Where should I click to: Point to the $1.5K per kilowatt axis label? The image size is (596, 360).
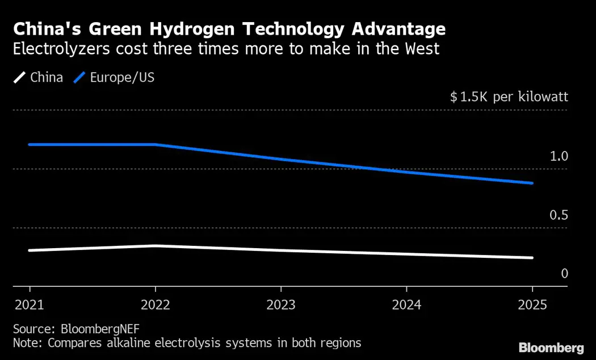pyautogui.click(x=509, y=97)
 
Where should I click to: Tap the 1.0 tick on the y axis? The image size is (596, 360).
pyautogui.click(x=559, y=156)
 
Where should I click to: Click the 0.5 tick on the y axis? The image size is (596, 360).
pyautogui.click(x=559, y=215)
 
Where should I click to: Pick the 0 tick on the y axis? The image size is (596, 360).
pyautogui.click(x=564, y=274)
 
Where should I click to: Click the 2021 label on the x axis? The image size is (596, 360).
pyautogui.click(x=30, y=305)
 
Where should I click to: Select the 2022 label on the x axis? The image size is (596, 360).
pyautogui.click(x=155, y=305)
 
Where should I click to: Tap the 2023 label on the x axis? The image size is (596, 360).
pyautogui.click(x=281, y=305)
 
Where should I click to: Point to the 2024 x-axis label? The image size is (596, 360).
pyautogui.click(x=406, y=305)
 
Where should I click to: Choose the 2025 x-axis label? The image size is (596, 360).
pyautogui.click(x=532, y=305)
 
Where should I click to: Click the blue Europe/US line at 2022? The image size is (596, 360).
pyautogui.click(x=155, y=145)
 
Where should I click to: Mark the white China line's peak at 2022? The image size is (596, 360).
pyautogui.click(x=155, y=246)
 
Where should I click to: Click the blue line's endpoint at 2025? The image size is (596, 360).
pyautogui.click(x=532, y=183)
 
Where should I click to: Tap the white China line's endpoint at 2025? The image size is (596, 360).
pyautogui.click(x=532, y=257)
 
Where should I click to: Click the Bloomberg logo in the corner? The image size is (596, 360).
pyautogui.click(x=551, y=347)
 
